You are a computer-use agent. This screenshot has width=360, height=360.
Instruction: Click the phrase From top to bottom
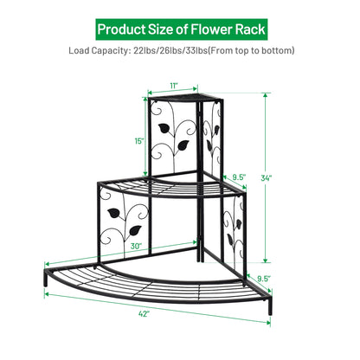pos(257,51)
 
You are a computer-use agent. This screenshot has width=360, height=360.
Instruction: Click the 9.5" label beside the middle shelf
pos(240,177)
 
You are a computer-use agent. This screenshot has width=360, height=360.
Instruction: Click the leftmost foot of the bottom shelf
pos(44,285)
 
